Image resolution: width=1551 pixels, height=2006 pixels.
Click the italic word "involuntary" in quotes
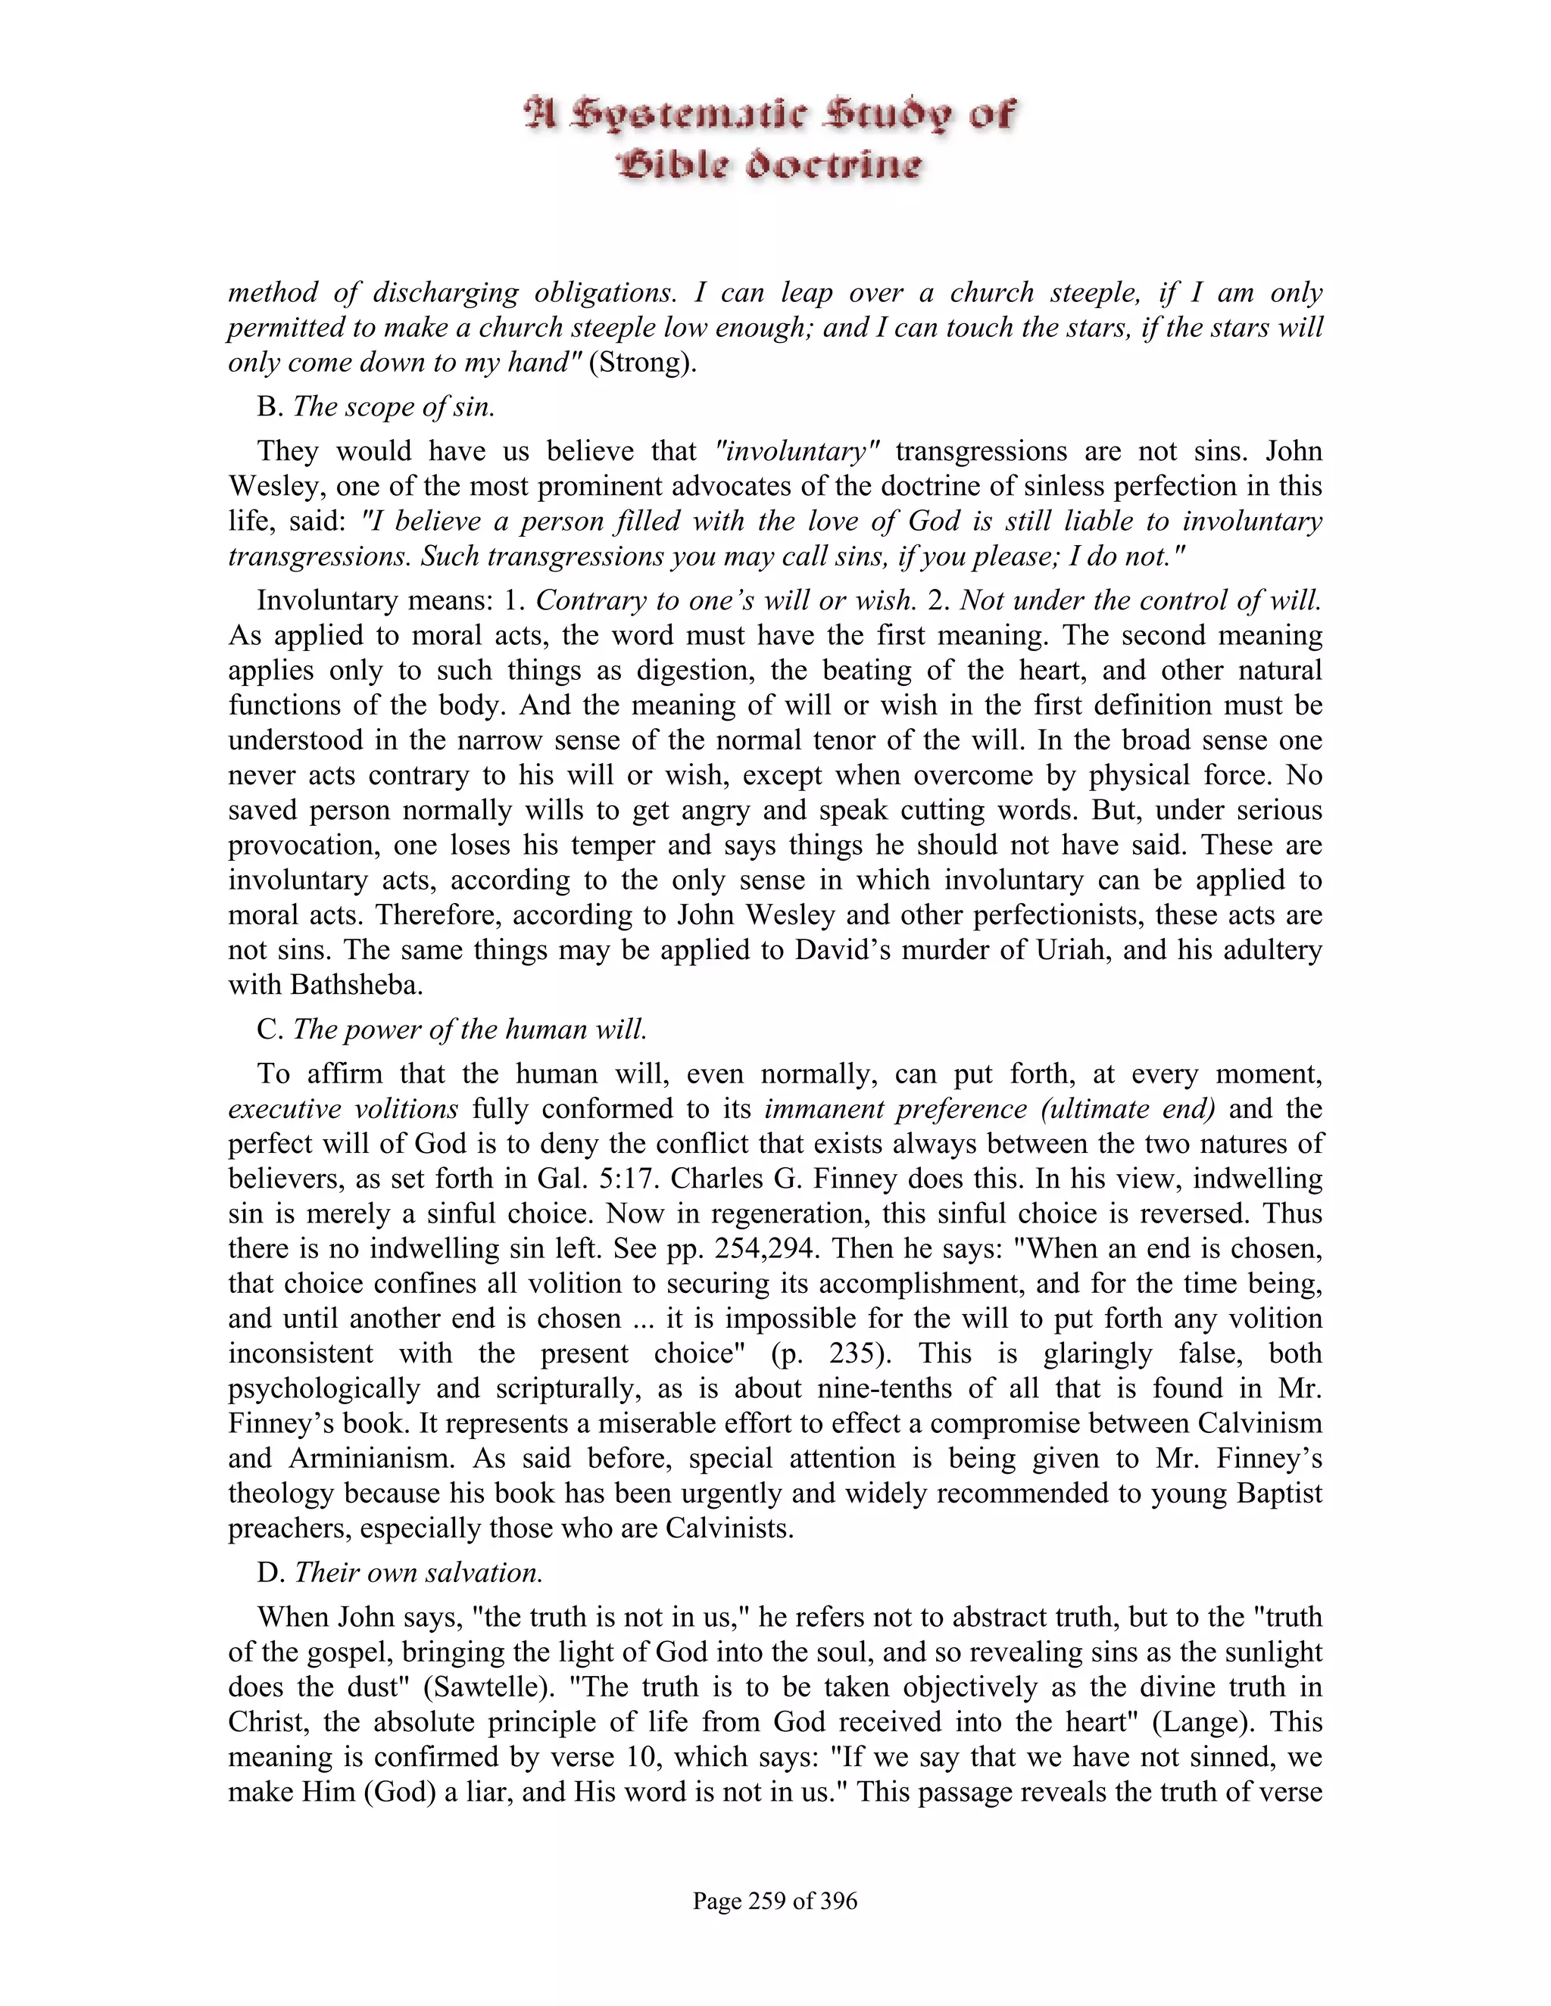pyautogui.click(x=797, y=451)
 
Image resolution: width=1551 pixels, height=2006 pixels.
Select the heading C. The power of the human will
pyautogui.click(x=452, y=1029)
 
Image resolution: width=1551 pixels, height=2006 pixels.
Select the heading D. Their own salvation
pyautogui.click(x=400, y=1571)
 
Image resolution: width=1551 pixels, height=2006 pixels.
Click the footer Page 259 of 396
pyautogui.click(x=775, y=1900)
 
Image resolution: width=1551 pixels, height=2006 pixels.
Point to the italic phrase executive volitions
pyautogui.click(x=344, y=1109)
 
